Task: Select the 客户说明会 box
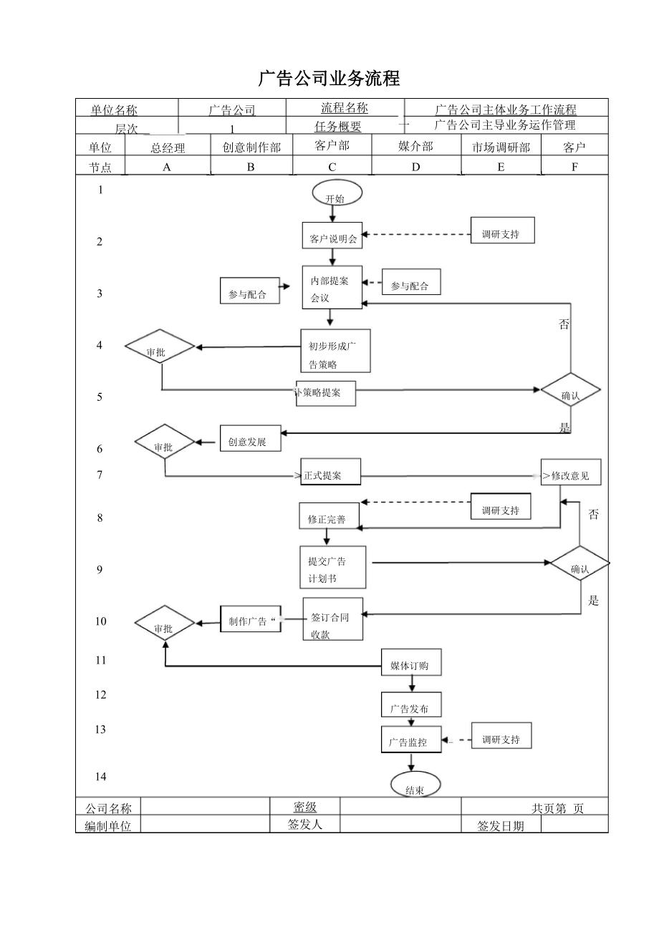point(332,235)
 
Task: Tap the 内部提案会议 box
point(332,288)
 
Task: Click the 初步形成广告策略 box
point(335,351)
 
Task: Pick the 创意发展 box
point(250,438)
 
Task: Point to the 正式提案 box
point(330,472)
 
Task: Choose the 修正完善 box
point(329,516)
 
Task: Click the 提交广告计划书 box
point(333,568)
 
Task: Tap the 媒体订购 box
point(410,663)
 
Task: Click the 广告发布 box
point(410,705)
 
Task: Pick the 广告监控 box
point(410,739)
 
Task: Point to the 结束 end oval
point(415,785)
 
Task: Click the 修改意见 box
point(571,472)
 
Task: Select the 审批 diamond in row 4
point(160,348)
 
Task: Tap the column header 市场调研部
point(501,147)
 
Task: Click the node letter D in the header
point(415,167)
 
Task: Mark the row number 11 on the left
point(100,660)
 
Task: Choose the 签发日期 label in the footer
point(501,826)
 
